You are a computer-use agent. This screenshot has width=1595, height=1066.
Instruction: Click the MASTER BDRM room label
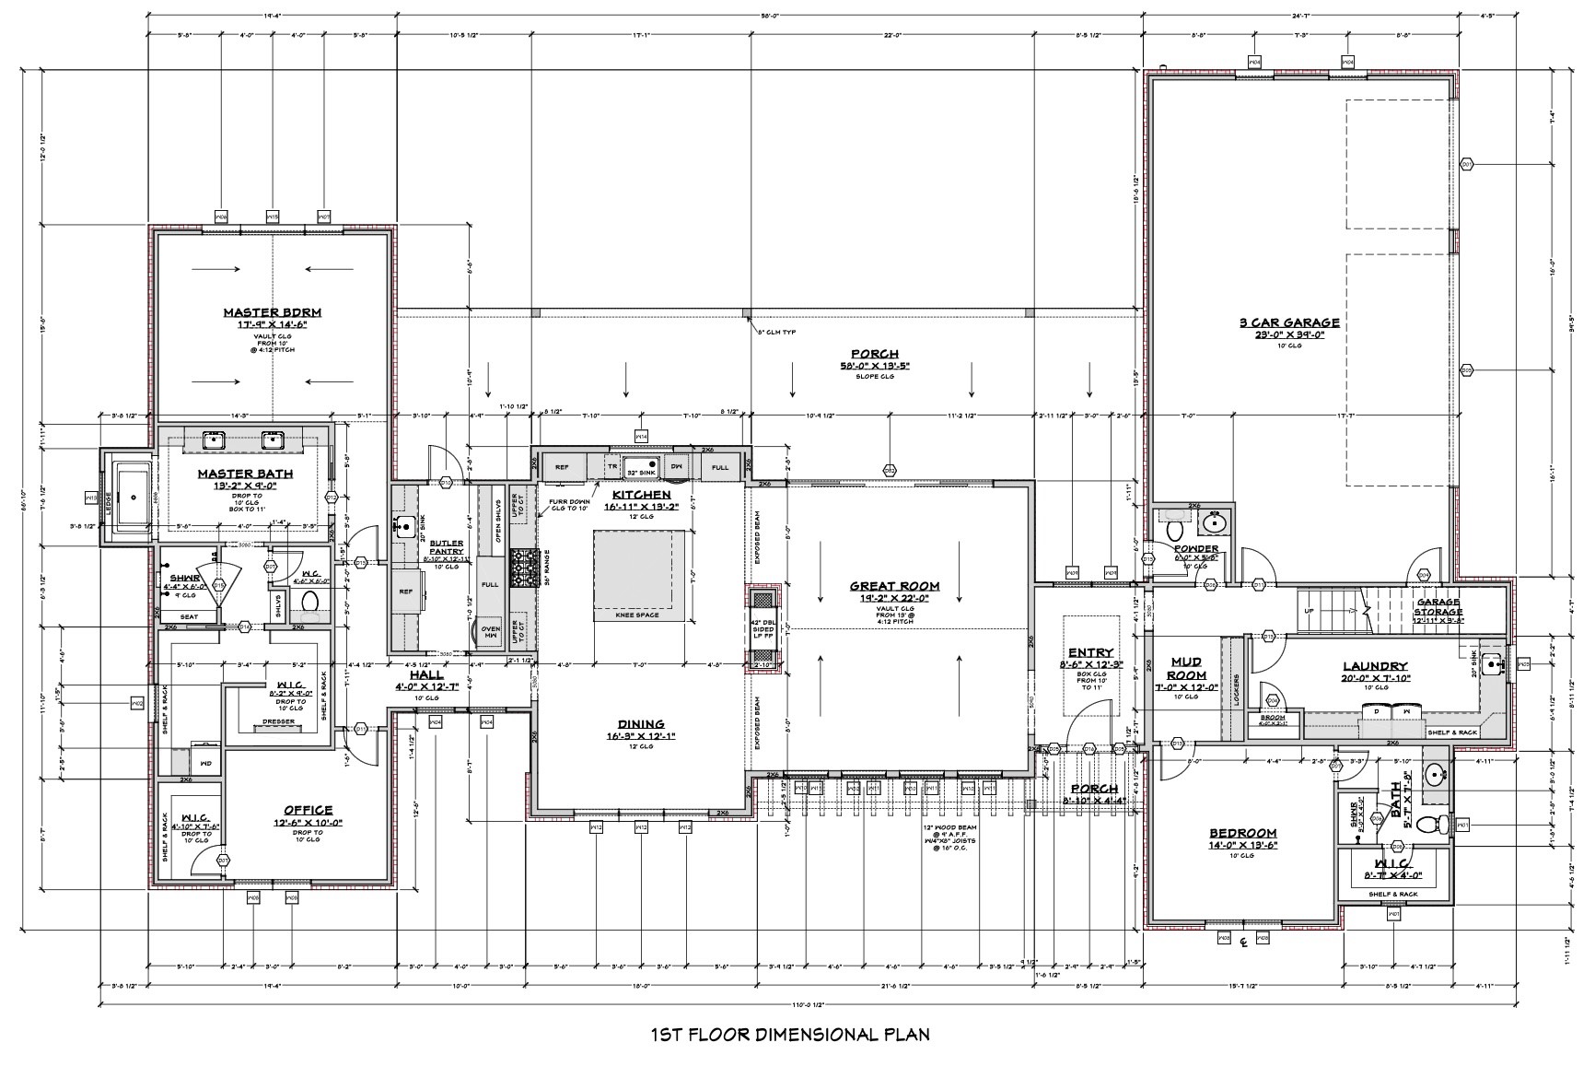272,312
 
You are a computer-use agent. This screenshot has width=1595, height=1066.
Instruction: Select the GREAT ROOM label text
893,586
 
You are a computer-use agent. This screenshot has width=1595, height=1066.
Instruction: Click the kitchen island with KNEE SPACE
640,568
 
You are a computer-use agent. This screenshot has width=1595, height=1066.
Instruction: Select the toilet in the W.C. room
309,602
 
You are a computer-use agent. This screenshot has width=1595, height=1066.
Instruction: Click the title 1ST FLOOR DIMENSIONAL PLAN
789,1034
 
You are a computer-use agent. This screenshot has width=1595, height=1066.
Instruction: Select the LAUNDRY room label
1374,666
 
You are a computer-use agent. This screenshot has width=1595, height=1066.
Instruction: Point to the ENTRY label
1090,652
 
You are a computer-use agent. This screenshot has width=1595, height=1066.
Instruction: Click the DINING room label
641,724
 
